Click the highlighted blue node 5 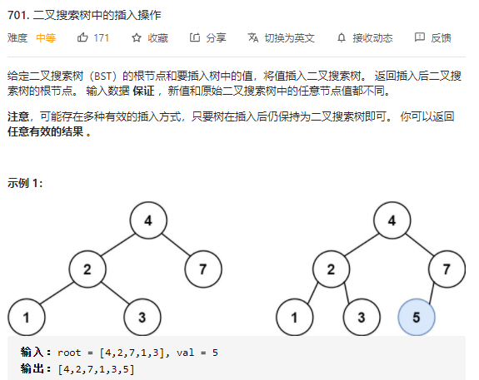pyautogui.click(x=417, y=317)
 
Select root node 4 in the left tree pyautogui.click(x=148, y=220)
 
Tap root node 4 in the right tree pyautogui.click(x=392, y=220)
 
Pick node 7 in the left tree pyautogui.click(x=203, y=269)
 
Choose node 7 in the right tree pyautogui.click(x=447, y=269)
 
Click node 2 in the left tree pyautogui.click(x=87, y=269)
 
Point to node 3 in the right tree pyautogui.click(x=362, y=317)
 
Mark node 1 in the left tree pyautogui.click(x=27, y=317)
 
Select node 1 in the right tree pyautogui.click(x=295, y=317)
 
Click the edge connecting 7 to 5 pyautogui.click(x=432, y=293)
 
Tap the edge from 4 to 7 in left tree pyautogui.click(x=176, y=244)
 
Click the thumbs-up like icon pyautogui.click(x=82, y=37)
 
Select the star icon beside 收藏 pyautogui.click(x=137, y=37)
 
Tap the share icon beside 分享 pyautogui.click(x=195, y=37)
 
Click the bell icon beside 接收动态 pyautogui.click(x=342, y=37)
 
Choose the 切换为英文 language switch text pyautogui.click(x=289, y=37)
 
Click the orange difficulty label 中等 pyautogui.click(x=46, y=37)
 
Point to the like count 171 pyautogui.click(x=102, y=37)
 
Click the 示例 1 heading pyautogui.click(x=25, y=183)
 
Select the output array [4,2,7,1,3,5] pyautogui.click(x=97, y=369)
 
